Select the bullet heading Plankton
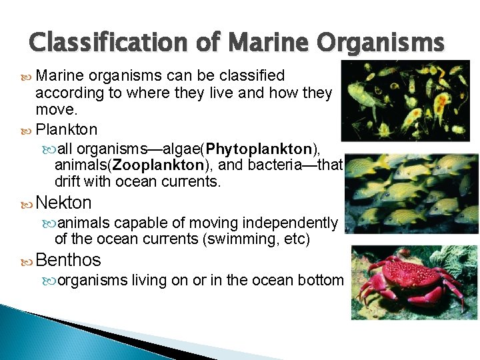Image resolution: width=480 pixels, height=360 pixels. [66, 129]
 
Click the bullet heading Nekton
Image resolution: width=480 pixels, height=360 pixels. [63, 202]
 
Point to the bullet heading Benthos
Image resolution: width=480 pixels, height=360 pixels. [68, 259]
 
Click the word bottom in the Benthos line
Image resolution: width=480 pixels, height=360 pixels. [322, 281]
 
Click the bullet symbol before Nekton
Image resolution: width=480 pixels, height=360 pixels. [26, 203]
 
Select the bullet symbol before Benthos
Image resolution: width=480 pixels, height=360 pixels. [26, 260]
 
